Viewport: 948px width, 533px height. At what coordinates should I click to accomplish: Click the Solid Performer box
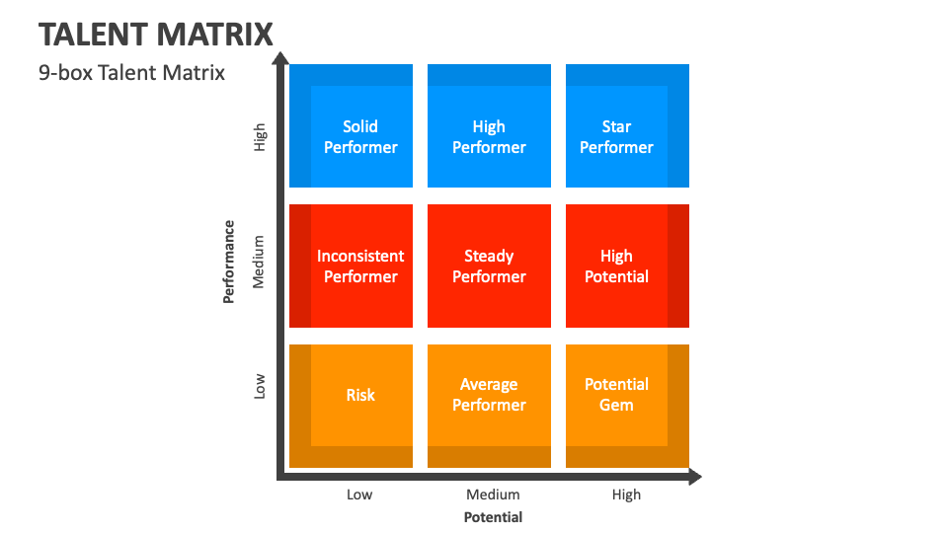351,125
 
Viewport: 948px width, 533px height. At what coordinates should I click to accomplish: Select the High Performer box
489,125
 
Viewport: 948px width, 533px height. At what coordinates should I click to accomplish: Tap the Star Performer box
628,125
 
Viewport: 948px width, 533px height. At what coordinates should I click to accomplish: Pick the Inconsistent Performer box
351,266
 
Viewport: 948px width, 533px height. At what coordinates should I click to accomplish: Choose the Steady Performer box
489,266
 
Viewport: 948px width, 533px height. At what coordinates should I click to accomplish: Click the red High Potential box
628,266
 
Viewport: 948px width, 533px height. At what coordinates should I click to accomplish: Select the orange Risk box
351,406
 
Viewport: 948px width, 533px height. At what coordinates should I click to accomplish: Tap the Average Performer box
489,406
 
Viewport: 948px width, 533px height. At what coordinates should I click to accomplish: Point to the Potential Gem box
628,406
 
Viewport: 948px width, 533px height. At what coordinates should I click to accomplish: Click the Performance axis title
228,262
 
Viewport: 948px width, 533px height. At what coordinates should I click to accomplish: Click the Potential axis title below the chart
493,517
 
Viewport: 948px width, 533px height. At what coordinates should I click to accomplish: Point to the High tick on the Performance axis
260,137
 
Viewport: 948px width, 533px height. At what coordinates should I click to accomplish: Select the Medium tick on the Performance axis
259,262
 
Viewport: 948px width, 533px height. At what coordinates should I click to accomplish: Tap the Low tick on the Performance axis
260,386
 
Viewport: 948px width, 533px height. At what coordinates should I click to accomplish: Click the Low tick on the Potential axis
359,495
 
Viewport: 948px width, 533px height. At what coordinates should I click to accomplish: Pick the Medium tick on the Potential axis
493,495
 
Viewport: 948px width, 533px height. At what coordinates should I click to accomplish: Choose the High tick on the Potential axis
626,495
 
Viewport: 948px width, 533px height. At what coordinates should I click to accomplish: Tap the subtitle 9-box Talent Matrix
131,72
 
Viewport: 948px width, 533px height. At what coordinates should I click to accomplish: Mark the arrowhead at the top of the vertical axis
280,58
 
